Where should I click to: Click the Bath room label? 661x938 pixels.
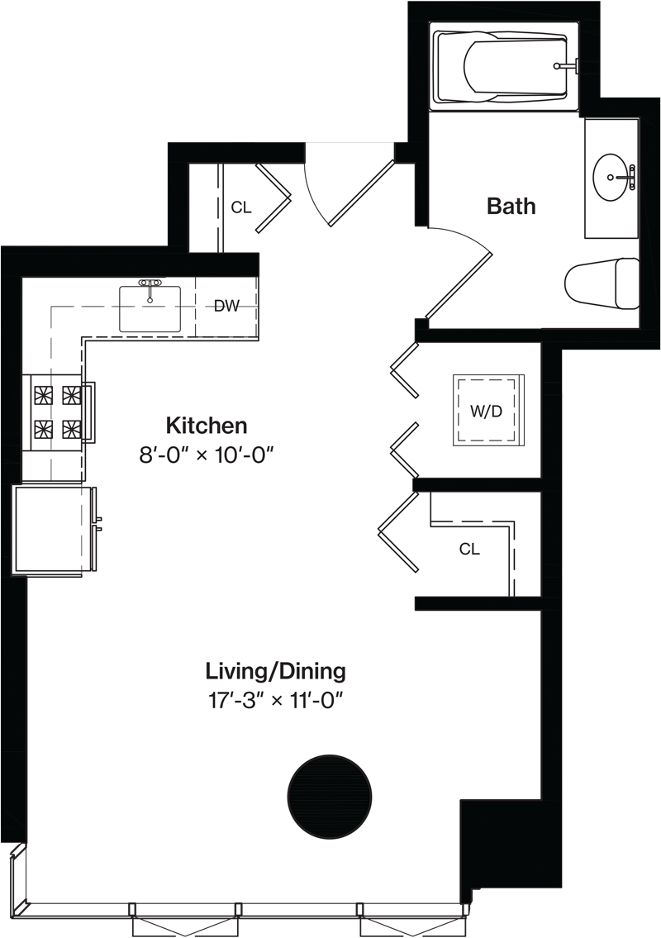click(x=511, y=206)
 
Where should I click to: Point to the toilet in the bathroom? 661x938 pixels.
click(x=602, y=283)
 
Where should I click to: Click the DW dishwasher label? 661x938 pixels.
click(x=226, y=307)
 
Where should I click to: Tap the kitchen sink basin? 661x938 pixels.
click(x=150, y=309)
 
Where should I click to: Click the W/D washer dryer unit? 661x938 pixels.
click(x=487, y=411)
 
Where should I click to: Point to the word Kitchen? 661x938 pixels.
click(x=207, y=426)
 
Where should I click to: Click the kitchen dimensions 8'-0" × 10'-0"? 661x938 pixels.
click(x=207, y=456)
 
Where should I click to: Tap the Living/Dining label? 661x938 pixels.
click(x=276, y=671)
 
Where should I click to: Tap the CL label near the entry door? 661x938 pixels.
click(x=241, y=207)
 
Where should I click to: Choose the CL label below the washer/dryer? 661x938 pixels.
click(x=469, y=549)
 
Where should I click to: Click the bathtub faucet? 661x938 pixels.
click(x=567, y=65)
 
